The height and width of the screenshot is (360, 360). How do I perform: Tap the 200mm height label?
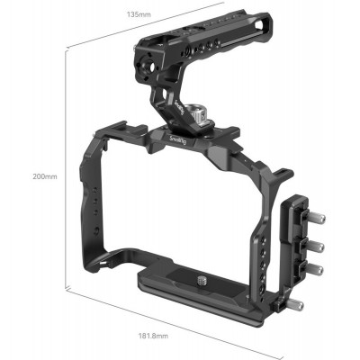[43, 176]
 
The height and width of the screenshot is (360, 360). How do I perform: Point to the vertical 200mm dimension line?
[66, 171]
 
